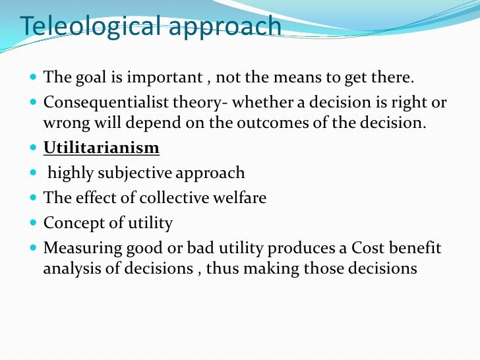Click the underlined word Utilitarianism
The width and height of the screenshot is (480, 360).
(102, 147)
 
